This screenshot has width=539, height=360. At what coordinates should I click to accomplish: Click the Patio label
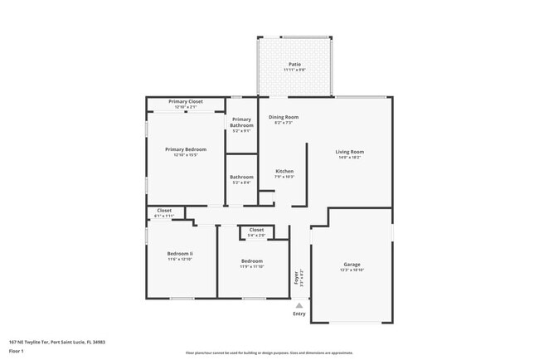(x=294, y=64)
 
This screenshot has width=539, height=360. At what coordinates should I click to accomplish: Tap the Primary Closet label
(x=186, y=101)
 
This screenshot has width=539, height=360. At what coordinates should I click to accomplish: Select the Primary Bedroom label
(x=186, y=149)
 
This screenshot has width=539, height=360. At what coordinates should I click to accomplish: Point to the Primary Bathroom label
(x=241, y=123)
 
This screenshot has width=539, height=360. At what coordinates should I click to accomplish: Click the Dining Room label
(x=284, y=117)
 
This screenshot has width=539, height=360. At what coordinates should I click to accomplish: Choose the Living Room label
(x=349, y=152)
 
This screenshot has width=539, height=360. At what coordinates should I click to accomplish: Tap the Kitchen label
(x=284, y=171)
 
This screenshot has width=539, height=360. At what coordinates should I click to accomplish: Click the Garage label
(x=352, y=265)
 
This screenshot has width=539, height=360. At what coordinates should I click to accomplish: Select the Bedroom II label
(x=180, y=253)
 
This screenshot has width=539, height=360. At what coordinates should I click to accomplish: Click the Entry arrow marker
(x=299, y=304)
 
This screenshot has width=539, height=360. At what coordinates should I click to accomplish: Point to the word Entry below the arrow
(x=299, y=314)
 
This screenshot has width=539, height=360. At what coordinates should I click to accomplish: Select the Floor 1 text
(x=17, y=351)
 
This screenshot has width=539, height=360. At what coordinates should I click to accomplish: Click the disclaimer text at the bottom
(x=269, y=353)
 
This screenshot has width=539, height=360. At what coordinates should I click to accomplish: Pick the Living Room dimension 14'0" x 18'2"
(x=349, y=158)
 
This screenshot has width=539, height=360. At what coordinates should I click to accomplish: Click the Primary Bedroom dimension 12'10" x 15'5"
(x=186, y=155)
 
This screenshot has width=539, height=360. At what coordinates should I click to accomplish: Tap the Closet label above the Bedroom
(x=256, y=230)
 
